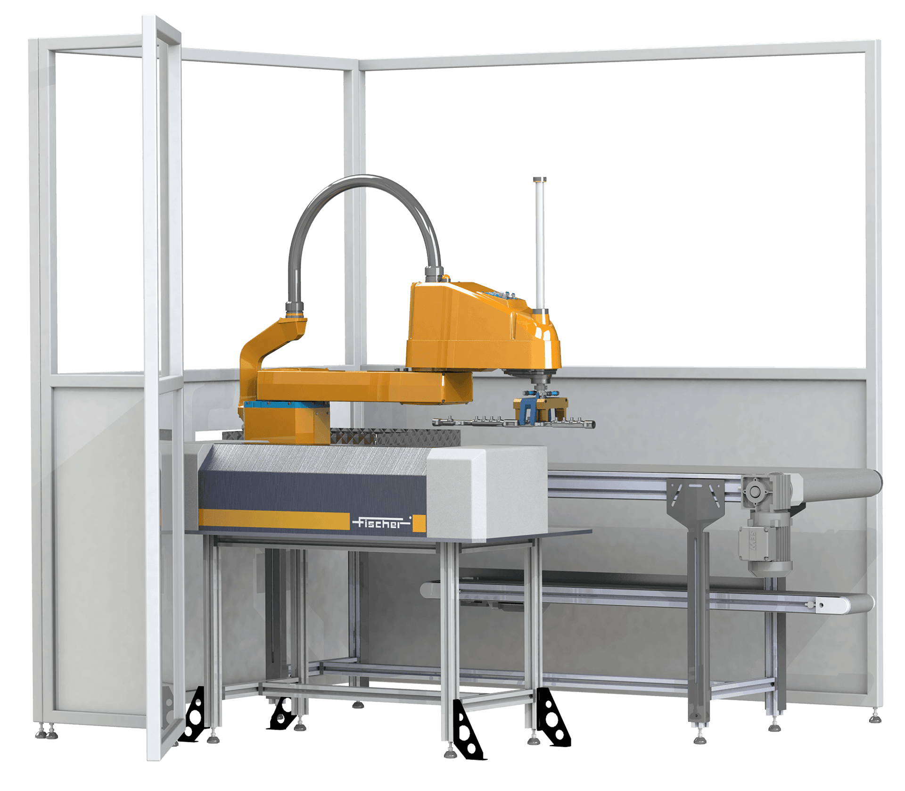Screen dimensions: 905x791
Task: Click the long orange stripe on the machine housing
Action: pyautogui.click(x=274, y=519)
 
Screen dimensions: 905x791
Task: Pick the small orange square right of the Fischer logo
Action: pyautogui.click(x=419, y=523)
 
